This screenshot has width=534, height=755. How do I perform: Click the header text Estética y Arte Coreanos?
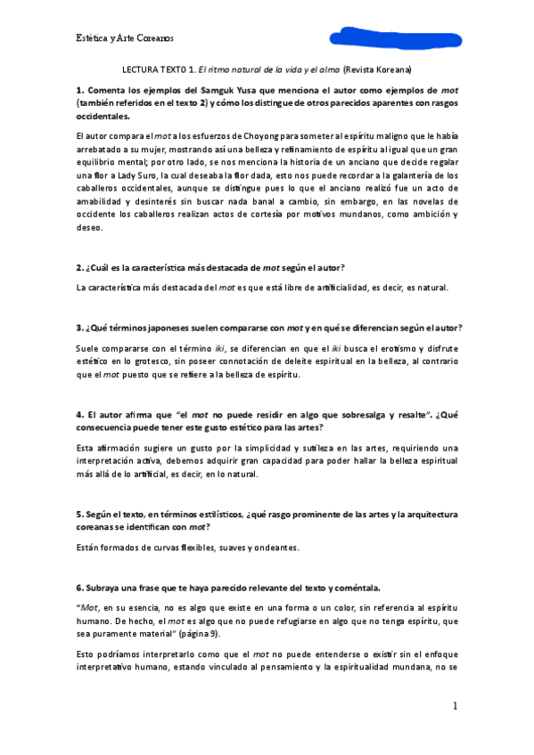coord(124,38)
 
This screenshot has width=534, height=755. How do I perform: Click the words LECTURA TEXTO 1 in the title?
coord(157,69)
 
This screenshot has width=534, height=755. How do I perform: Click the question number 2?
coord(79,268)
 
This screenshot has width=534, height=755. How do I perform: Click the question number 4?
coord(79,414)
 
